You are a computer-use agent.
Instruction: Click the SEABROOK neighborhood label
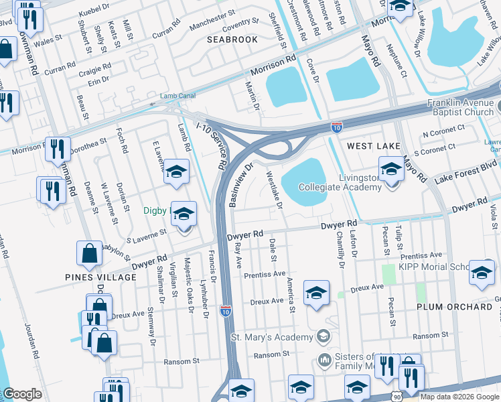pyautogui.click(x=232, y=40)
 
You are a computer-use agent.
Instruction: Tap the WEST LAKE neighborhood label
pyautogui.click(x=373, y=145)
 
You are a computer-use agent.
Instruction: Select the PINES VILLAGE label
pyautogui.click(x=100, y=277)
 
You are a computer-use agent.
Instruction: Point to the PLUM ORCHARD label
pyautogui.click(x=454, y=306)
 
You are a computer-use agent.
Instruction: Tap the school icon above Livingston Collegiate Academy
pyautogui.click(x=391, y=169)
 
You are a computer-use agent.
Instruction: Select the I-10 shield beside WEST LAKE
pyautogui.click(x=337, y=126)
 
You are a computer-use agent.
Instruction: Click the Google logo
pyautogui.click(x=22, y=394)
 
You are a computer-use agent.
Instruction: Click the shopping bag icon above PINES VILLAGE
pyautogui.click(x=89, y=254)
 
